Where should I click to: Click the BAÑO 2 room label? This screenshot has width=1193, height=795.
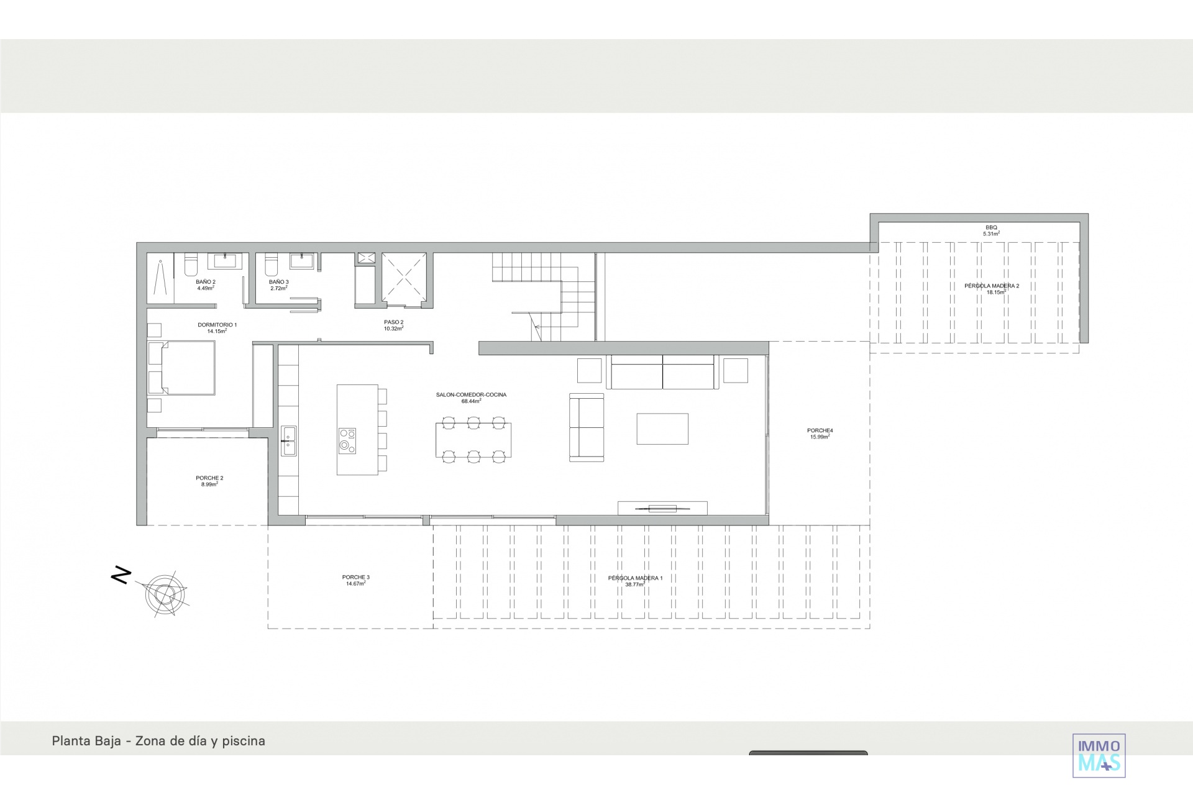(x=206, y=282)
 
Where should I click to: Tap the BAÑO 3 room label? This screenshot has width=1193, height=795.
(x=279, y=282)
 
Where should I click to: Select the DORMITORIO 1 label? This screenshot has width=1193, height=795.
(x=217, y=325)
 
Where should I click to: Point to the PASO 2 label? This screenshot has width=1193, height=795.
(x=394, y=322)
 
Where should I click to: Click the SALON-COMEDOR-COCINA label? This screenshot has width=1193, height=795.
(x=472, y=395)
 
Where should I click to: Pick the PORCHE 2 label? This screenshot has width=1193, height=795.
(x=209, y=478)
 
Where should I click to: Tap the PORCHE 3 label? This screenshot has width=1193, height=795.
(x=356, y=578)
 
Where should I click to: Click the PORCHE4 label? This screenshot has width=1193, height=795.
(x=820, y=430)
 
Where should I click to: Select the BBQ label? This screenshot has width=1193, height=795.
(x=991, y=228)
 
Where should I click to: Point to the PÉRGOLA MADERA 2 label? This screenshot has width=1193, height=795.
(x=992, y=286)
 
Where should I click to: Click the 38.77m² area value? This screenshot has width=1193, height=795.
(x=635, y=584)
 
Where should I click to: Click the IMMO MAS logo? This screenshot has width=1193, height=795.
(x=1099, y=755)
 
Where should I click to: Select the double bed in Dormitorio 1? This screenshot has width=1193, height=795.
(x=181, y=368)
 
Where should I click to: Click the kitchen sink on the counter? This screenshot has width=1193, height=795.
(x=288, y=441)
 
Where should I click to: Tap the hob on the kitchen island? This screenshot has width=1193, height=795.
(x=347, y=441)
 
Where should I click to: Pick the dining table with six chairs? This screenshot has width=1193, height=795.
(x=473, y=440)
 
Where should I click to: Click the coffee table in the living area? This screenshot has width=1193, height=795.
(x=662, y=429)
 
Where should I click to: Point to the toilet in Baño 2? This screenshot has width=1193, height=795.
(x=191, y=265)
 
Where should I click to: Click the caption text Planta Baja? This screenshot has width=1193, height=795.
(x=86, y=741)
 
